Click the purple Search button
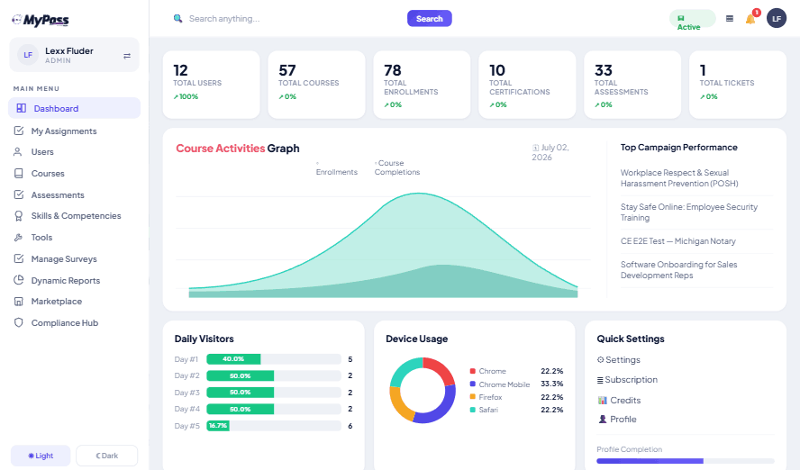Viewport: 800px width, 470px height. [429, 18]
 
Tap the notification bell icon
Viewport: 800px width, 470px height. [750, 20]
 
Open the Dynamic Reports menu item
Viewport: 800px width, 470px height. [65, 280]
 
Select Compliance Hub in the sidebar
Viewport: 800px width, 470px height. [64, 322]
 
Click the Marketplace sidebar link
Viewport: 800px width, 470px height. [56, 302]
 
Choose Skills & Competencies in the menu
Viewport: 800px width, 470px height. [76, 215]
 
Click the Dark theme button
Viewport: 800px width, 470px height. [107, 456]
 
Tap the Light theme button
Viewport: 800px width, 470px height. [41, 456]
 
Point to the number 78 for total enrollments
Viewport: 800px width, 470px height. [393, 70]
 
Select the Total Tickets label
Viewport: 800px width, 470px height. [726, 83]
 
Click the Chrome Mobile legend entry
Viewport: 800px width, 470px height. [505, 384]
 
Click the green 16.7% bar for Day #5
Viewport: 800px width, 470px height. [218, 426]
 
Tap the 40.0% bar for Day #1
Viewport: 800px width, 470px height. [233, 359]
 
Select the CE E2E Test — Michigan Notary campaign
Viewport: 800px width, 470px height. [678, 241]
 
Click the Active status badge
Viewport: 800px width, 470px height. [692, 20]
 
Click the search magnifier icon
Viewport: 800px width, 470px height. [177, 18]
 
